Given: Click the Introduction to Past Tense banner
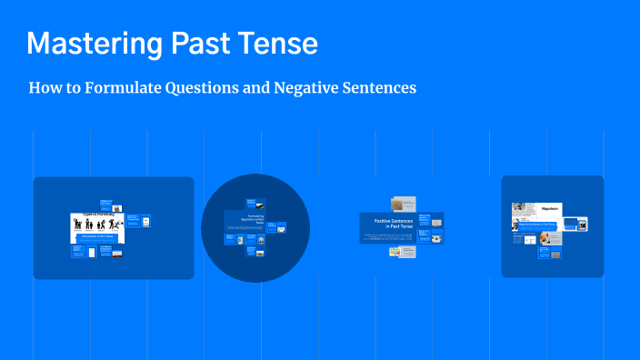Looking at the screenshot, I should coord(97,235).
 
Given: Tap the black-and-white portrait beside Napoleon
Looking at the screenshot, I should coord(517,207).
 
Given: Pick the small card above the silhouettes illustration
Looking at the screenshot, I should coord(105,204).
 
